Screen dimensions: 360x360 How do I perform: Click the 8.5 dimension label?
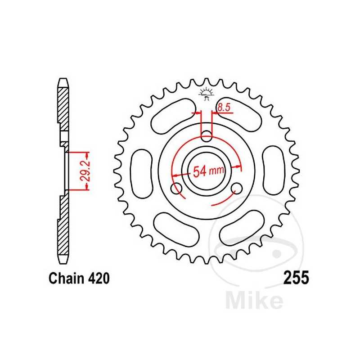[224, 108]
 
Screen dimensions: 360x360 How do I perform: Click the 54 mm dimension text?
[208, 171]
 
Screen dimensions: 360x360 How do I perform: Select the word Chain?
[64, 279]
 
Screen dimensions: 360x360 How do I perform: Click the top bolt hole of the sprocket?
[207, 135]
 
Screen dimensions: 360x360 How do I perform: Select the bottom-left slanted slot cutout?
[172, 226]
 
